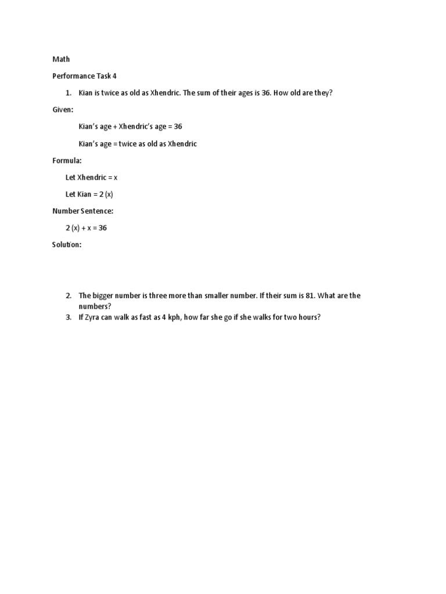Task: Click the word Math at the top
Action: point(61,59)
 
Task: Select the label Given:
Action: point(63,110)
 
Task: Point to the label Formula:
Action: point(67,161)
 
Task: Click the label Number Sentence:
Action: point(82,211)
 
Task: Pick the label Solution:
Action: point(67,245)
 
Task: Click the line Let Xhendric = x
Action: point(91,178)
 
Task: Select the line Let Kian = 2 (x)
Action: point(89,194)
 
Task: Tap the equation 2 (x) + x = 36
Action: point(86,228)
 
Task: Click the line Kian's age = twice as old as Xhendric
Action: point(138,144)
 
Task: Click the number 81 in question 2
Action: point(310,296)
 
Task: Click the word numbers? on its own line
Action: point(95,306)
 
